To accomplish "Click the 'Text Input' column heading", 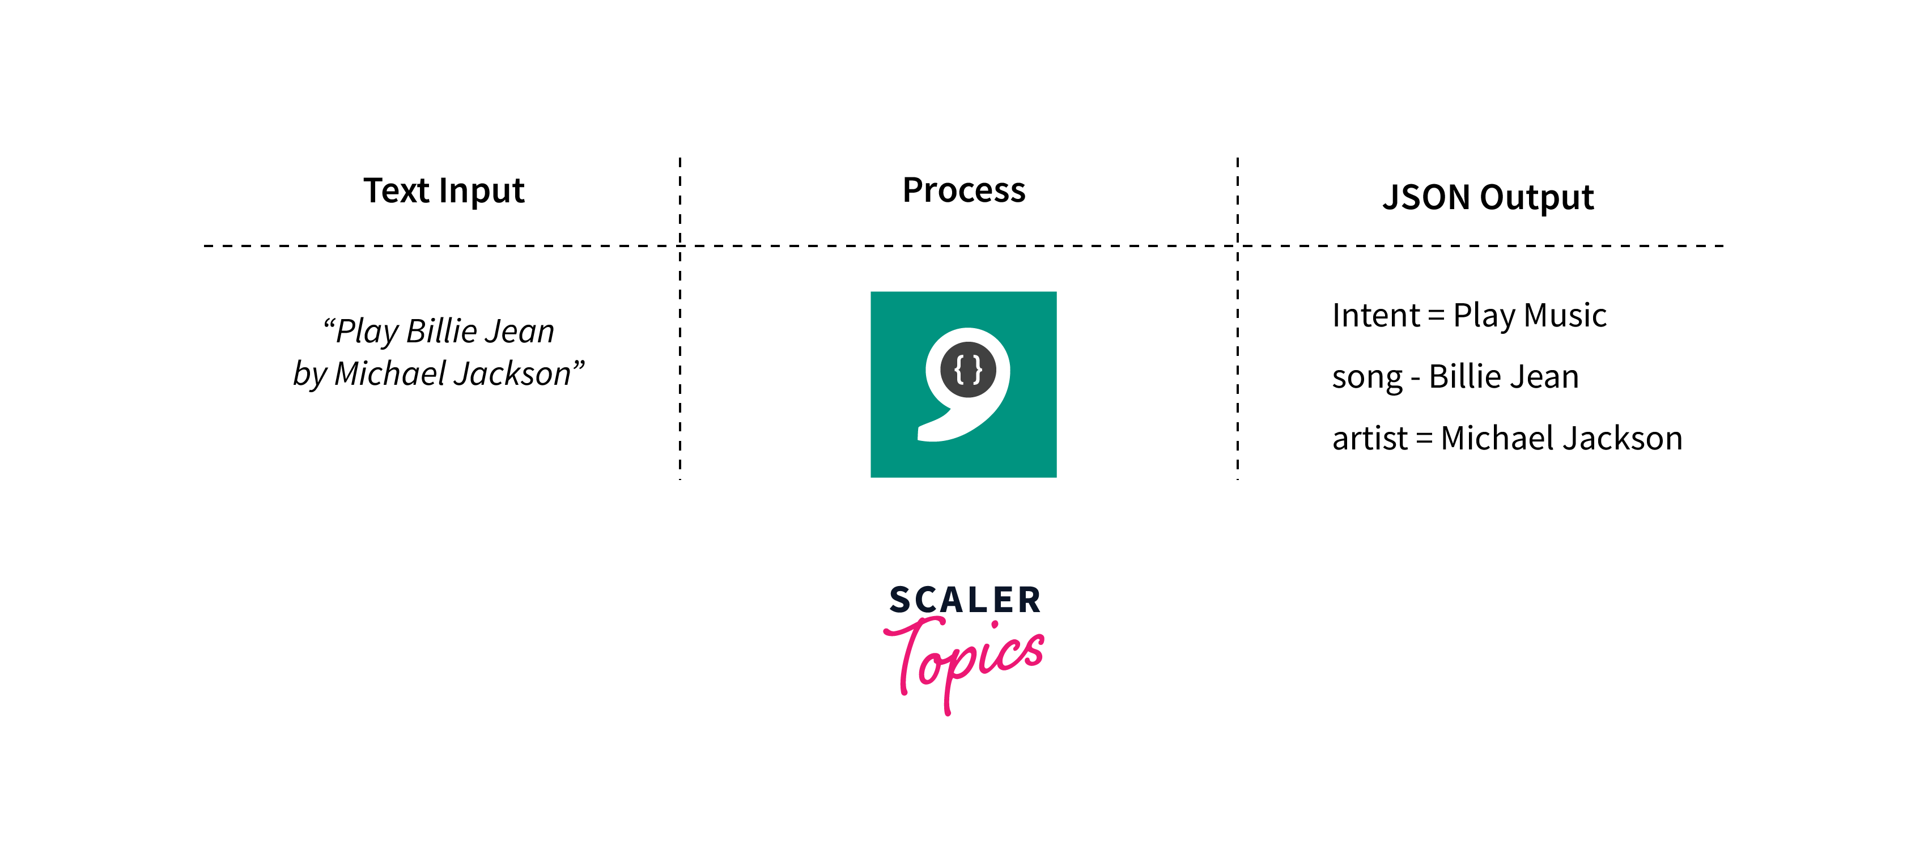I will [444, 191].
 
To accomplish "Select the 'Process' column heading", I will [963, 190].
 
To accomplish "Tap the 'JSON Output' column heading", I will [1488, 198].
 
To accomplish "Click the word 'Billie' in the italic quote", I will [441, 331].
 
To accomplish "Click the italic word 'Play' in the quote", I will [367, 332].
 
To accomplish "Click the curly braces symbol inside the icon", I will [968, 369].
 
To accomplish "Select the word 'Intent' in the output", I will [1375, 315].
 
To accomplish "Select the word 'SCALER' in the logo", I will [965, 600].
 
